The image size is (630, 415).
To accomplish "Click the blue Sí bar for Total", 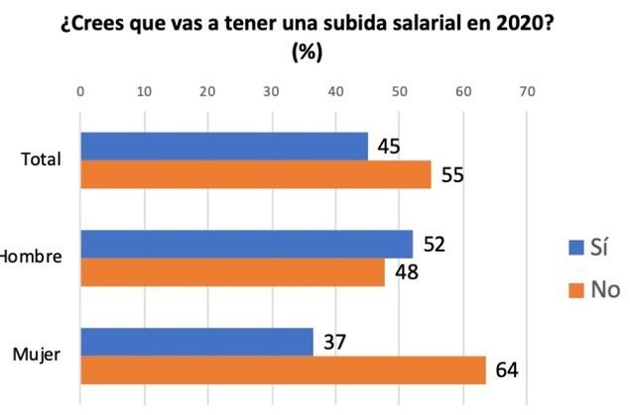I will click(x=223, y=147).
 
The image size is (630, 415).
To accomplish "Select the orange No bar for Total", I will click(x=255, y=174).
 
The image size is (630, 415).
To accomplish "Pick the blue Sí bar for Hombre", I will click(x=246, y=244).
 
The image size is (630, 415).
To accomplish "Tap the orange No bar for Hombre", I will click(x=232, y=271).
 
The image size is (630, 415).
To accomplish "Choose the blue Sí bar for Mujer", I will click(x=196, y=342).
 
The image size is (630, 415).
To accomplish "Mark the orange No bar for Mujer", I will click(x=283, y=369).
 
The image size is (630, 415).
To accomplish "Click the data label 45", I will click(x=388, y=148).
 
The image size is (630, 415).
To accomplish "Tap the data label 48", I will click(x=406, y=272).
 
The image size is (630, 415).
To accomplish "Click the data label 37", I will click(x=334, y=343).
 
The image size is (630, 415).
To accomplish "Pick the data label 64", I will click(x=506, y=370).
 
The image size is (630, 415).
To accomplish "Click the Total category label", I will click(x=42, y=159).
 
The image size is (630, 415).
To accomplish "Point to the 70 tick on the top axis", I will click(x=527, y=92).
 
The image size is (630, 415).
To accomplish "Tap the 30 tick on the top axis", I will click(x=272, y=92).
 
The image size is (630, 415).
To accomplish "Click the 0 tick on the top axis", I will click(x=80, y=92).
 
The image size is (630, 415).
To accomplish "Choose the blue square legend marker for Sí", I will click(x=572, y=248).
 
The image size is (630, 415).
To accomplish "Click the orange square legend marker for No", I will click(x=572, y=290).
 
